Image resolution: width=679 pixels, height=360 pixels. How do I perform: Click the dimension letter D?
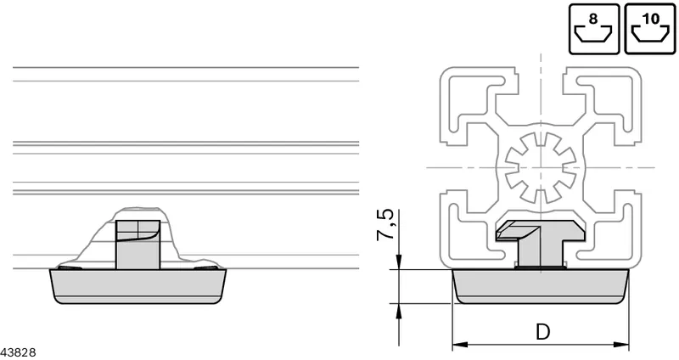pos(542,332)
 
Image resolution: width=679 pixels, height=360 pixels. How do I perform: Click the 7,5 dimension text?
pos(384,225)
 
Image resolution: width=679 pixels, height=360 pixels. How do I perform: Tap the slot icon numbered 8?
pos(593,29)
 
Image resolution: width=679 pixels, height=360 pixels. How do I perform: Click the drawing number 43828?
pos(18,352)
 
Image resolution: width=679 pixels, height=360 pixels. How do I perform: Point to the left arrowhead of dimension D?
pos(460,345)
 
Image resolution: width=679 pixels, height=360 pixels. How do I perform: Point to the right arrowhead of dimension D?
pos(621,345)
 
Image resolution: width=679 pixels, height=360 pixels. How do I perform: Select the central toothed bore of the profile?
pos(541,167)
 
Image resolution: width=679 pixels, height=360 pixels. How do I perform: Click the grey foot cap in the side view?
pos(138,286)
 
